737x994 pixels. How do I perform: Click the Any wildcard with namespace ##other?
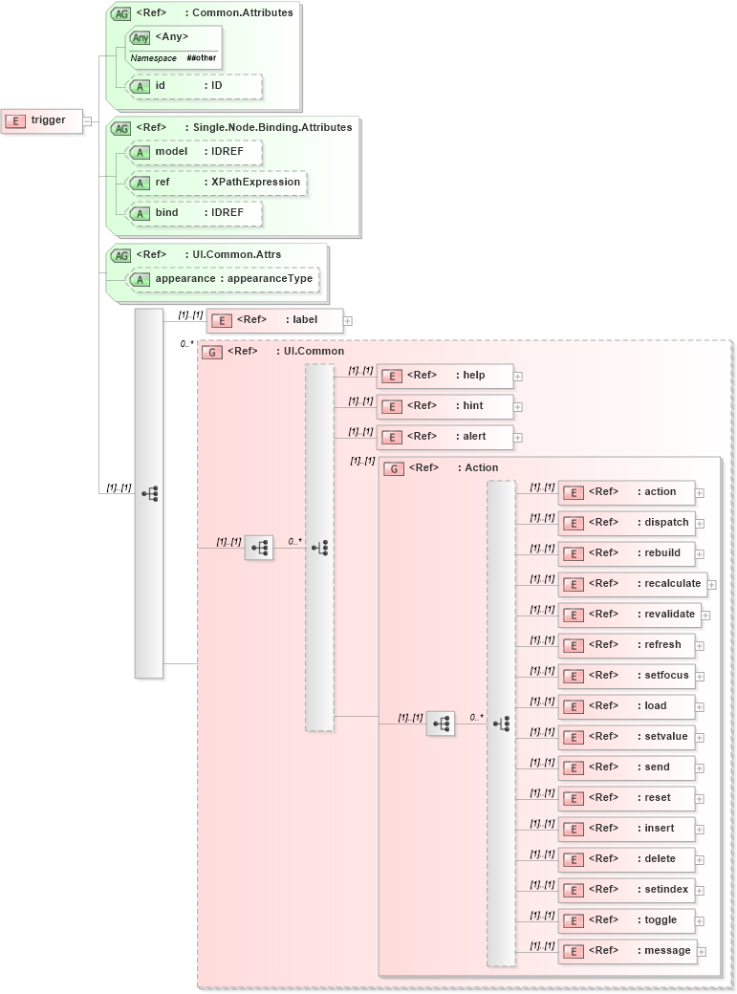pyautogui.click(x=174, y=46)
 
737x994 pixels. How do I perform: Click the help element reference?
pyautogui.click(x=444, y=376)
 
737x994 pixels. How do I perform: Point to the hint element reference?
pyautogui.click(x=444, y=406)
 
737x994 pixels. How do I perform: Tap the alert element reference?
pyautogui.click(x=444, y=437)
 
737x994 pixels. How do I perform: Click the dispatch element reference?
pyautogui.click(x=626, y=523)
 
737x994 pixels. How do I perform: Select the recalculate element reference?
pyautogui.click(x=632, y=584)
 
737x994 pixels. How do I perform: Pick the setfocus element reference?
pyautogui.click(x=626, y=676)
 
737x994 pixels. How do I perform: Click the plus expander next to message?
pyautogui.click(x=703, y=951)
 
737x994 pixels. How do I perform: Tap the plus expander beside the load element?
pyautogui.click(x=700, y=707)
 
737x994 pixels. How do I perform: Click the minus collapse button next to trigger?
pyautogui.click(x=87, y=121)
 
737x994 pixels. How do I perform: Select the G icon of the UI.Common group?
pyautogui.click(x=212, y=352)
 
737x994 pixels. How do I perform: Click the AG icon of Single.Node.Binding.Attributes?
pyautogui.click(x=121, y=128)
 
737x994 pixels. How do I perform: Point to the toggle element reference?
pyautogui.click(x=626, y=920)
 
